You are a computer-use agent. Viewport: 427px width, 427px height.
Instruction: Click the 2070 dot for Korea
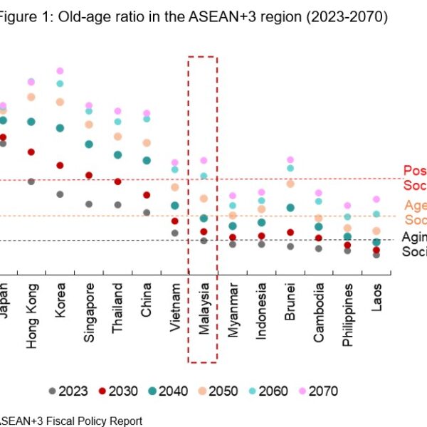[x=60, y=71]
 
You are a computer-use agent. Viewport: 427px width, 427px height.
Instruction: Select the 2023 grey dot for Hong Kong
[x=31, y=181]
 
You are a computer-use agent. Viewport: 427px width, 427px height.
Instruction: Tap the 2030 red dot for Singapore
[x=89, y=175]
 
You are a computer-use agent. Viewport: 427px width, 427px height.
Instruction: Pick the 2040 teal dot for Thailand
[x=117, y=154]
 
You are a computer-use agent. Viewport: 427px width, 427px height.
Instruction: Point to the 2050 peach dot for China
[x=147, y=143]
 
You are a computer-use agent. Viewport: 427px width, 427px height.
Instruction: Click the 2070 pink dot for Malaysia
[x=204, y=161]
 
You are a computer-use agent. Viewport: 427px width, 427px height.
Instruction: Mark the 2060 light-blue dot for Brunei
[x=290, y=168]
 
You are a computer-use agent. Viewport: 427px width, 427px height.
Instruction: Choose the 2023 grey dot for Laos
[x=376, y=255]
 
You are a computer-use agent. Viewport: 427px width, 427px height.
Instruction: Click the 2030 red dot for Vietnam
[x=175, y=221]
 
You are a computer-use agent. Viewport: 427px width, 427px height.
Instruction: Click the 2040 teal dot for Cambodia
[x=319, y=227]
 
